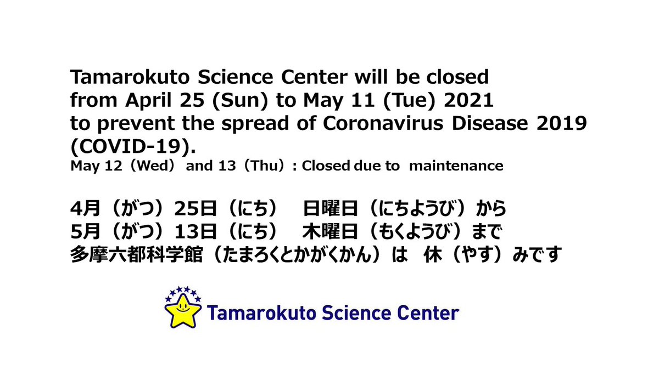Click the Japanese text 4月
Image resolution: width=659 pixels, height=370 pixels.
click(82, 209)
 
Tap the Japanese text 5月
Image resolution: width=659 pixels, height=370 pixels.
click(82, 232)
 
